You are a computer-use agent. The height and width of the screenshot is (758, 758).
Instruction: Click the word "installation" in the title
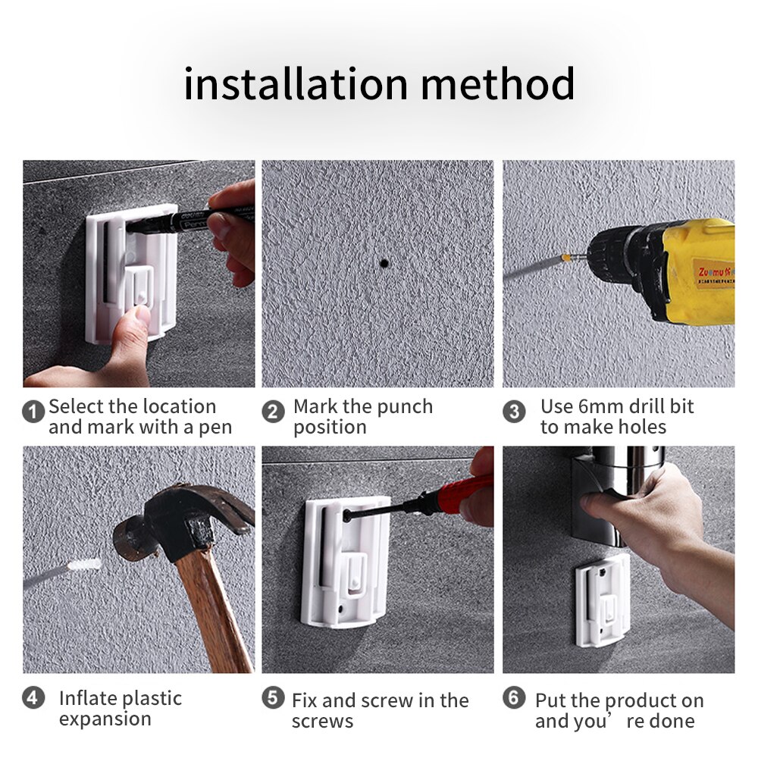click(296, 84)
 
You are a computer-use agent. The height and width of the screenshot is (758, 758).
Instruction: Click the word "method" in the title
click(497, 84)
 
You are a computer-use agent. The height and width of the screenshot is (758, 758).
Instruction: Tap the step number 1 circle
click(33, 412)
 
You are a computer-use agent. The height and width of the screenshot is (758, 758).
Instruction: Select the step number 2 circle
click(273, 412)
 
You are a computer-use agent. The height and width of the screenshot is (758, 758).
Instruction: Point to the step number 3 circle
click(514, 412)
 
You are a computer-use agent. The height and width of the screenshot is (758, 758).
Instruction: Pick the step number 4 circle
click(33, 698)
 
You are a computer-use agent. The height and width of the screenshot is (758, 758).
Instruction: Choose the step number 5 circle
click(273, 698)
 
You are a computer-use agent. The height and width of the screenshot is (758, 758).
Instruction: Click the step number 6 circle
click(514, 698)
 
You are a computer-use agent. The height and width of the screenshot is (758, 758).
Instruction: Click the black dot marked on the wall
click(384, 264)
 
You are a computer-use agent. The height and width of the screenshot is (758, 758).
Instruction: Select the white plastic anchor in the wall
click(84, 565)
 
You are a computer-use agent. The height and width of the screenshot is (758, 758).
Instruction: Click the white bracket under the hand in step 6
click(603, 601)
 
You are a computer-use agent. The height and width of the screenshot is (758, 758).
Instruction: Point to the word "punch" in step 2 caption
click(405, 408)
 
